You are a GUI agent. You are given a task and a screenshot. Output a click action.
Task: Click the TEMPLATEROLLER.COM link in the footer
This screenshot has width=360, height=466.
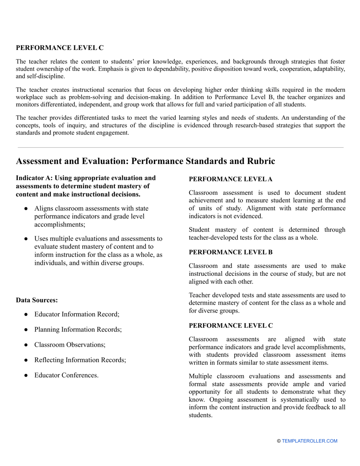click(309, 441)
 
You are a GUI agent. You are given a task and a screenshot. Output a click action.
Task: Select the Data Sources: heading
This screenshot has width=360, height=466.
click(37, 300)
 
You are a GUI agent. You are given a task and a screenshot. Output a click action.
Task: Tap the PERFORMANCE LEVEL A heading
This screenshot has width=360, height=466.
click(230, 179)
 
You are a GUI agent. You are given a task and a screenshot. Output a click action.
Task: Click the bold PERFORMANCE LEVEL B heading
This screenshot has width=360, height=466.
click(230, 252)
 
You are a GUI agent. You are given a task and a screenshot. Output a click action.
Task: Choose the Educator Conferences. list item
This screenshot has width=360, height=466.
click(66, 375)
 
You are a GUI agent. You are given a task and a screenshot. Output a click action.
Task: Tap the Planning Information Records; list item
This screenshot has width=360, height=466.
click(78, 330)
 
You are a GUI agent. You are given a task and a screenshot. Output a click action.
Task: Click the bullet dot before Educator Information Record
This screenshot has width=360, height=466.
click(26, 314)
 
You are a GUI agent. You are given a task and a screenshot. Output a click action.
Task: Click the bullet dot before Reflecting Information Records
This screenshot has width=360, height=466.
click(26, 360)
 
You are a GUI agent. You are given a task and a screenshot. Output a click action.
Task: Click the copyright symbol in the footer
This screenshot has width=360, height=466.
click(279, 441)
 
